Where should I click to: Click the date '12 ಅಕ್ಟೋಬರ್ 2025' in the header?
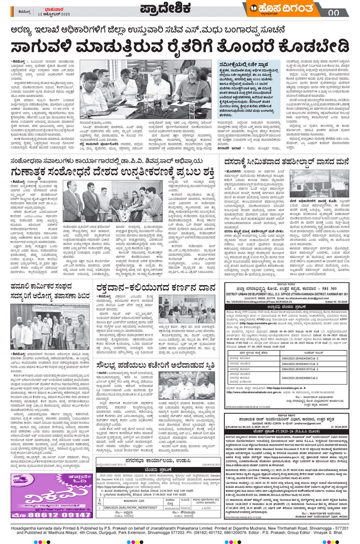click(x=54, y=14)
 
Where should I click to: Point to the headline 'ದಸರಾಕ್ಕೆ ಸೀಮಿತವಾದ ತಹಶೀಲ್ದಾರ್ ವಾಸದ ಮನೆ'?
click(x=286, y=162)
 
